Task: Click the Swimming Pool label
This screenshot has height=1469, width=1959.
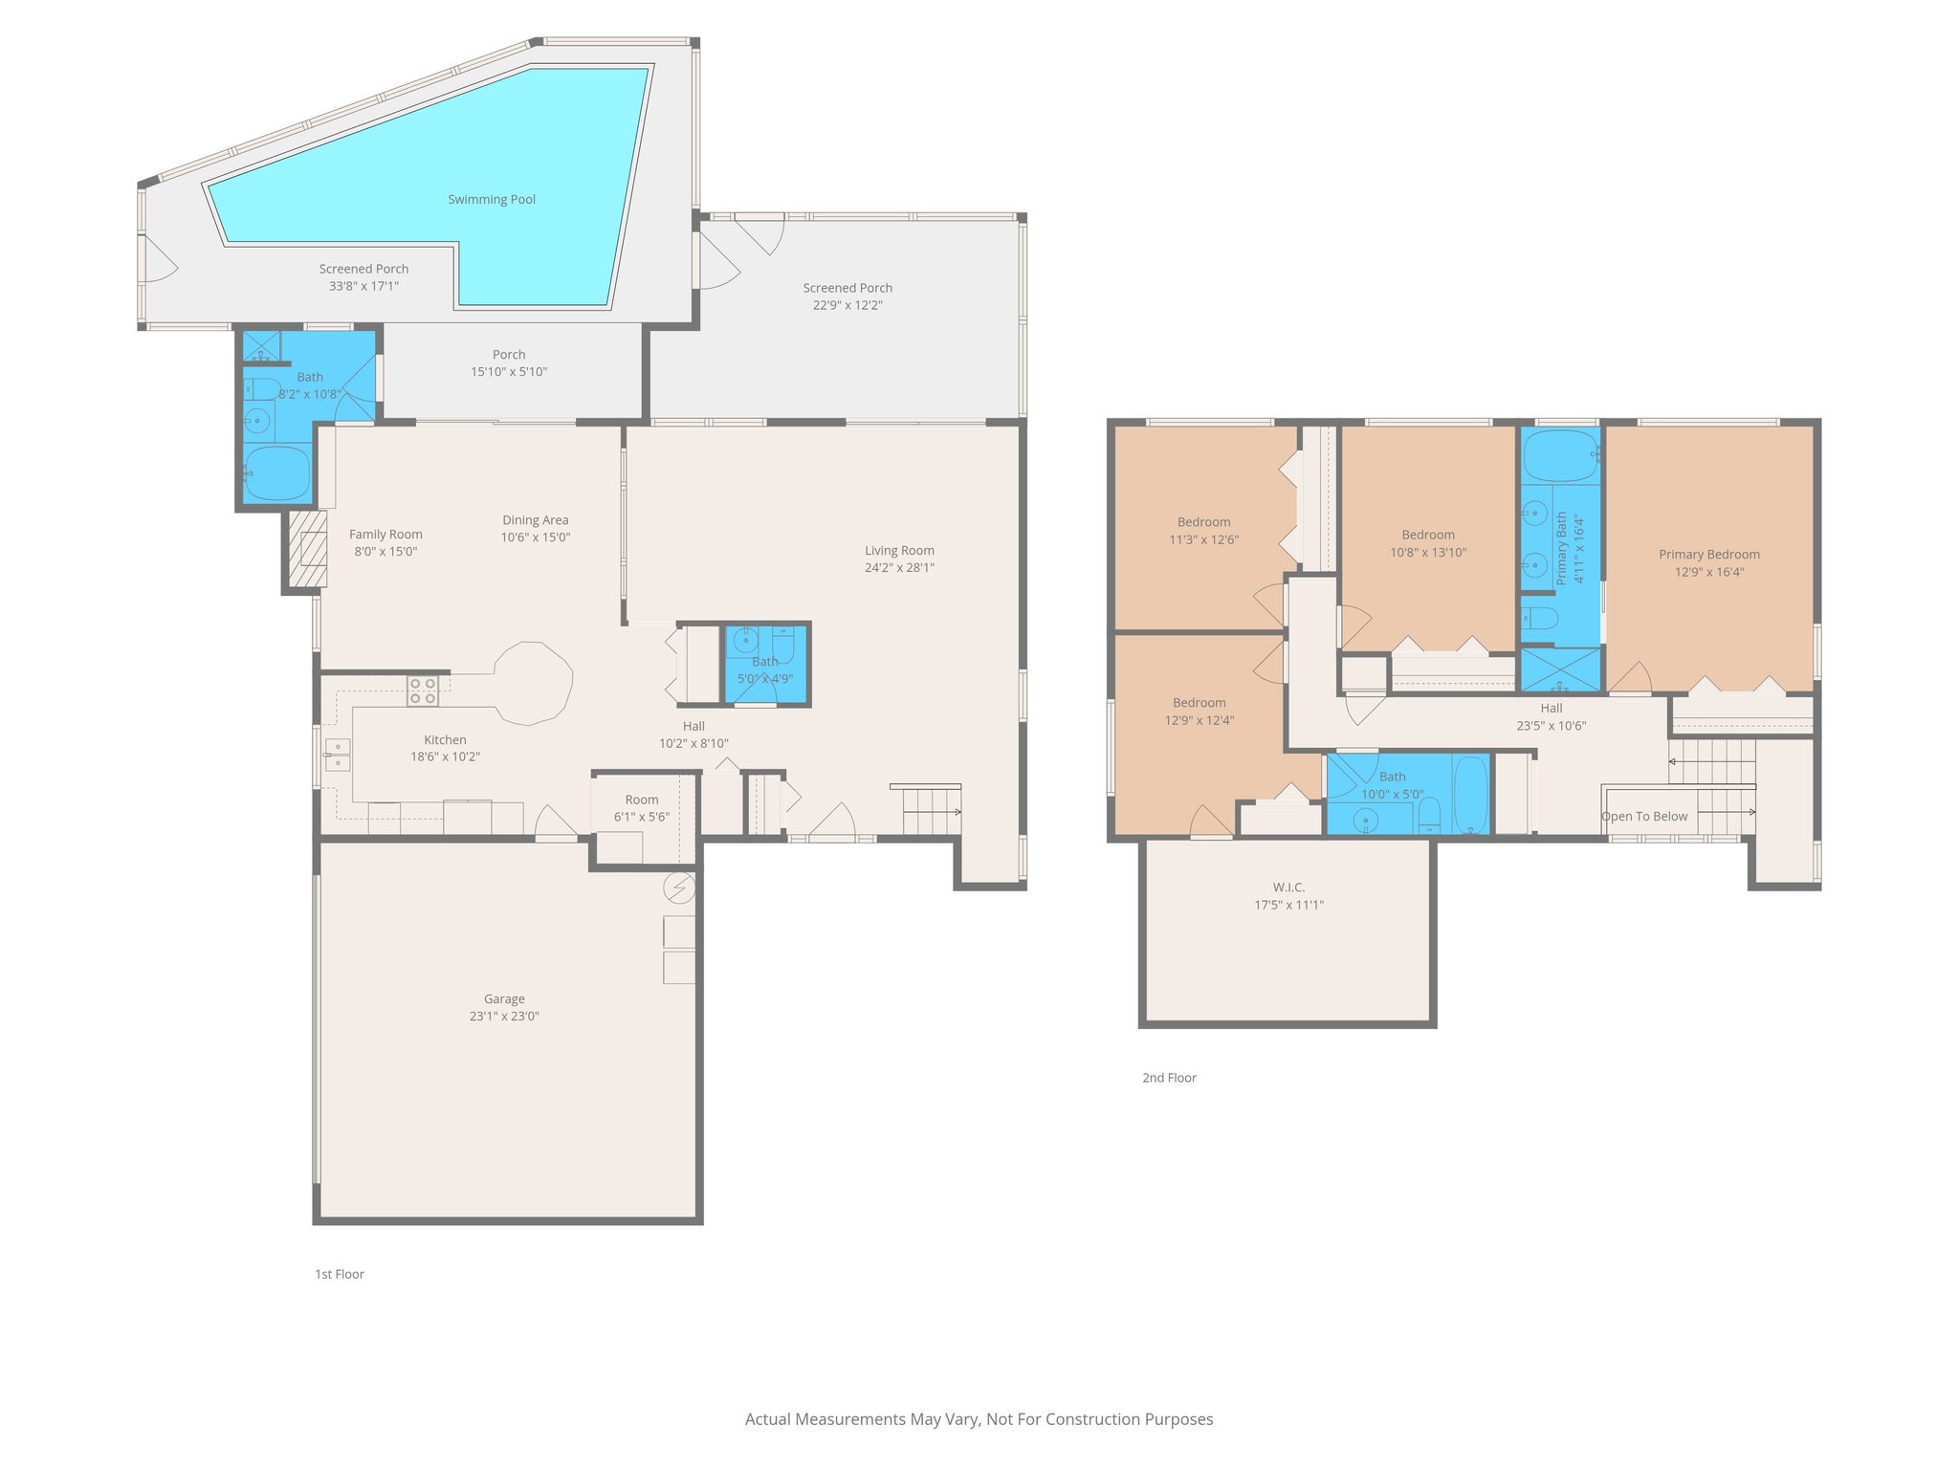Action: coord(492,199)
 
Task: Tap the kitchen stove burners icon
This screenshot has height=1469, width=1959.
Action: coord(423,691)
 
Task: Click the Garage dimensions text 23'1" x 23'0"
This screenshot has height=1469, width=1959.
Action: coord(504,1016)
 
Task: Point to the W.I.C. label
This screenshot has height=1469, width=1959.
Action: coord(1288,888)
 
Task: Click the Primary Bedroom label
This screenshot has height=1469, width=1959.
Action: coord(1708,555)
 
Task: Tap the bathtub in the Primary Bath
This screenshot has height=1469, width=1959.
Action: coord(1560,456)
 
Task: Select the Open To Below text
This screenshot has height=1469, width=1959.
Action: coord(1644,816)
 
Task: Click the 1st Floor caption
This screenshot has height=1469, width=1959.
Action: coord(340,1274)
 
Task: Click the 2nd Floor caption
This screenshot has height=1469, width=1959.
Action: coord(1169,1078)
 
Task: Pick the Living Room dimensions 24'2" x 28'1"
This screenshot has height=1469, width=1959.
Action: coord(899,567)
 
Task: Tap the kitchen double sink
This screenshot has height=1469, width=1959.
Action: coord(337,755)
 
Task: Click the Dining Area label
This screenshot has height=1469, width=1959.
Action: coord(535,520)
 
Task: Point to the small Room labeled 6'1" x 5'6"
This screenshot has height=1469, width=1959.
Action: coord(641,808)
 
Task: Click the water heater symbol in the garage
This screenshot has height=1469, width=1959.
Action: coord(679,888)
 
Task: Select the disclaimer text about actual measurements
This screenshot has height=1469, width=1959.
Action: coord(979,1419)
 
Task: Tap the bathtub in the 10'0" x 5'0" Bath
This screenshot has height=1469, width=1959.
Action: coord(1471,794)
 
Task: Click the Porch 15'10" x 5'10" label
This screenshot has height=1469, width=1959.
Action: coord(509,362)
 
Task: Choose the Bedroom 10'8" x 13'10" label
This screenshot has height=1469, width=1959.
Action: coord(1427,543)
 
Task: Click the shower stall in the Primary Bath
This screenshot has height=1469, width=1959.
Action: coord(1560,670)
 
